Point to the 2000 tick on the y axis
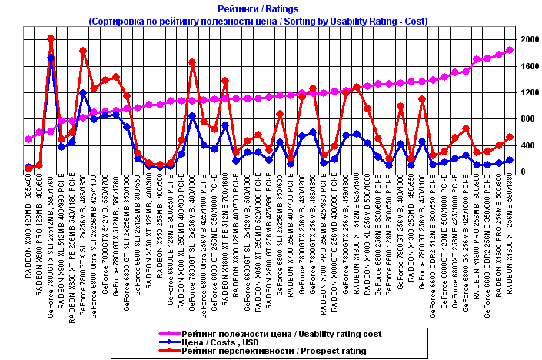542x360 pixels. (x=528, y=38)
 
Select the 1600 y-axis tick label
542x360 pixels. (x=528, y=65)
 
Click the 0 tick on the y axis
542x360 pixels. (x=524, y=172)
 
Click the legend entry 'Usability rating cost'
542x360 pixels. (x=282, y=333)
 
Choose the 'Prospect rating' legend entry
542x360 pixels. (x=274, y=352)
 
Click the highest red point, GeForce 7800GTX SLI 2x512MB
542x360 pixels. (x=51, y=38)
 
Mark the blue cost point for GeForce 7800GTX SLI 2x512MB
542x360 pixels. (x=51, y=58)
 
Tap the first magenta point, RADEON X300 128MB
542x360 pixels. (x=29, y=139)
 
